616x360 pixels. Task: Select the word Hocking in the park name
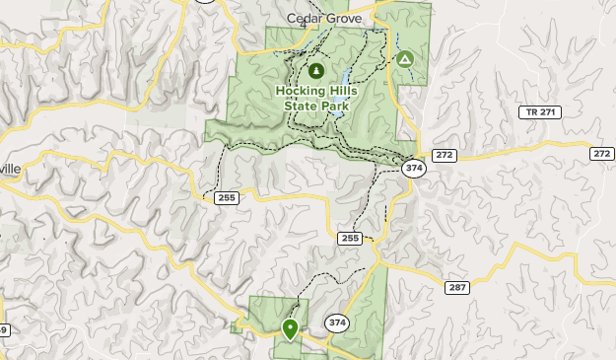298,91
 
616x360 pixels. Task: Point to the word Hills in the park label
341,91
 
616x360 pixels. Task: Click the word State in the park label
302,105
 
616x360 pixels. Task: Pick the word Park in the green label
337,105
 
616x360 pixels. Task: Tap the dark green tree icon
316,71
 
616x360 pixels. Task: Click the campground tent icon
404,60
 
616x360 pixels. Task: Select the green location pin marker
290,327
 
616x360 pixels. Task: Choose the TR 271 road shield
539,112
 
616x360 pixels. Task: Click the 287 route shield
456,287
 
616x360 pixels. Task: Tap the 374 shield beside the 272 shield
414,169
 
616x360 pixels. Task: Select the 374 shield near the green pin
337,323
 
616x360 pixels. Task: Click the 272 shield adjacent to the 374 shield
445,156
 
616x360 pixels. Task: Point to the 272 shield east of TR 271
602,154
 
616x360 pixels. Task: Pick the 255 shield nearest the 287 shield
350,238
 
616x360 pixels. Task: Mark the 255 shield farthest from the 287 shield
227,197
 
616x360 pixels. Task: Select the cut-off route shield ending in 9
3,329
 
